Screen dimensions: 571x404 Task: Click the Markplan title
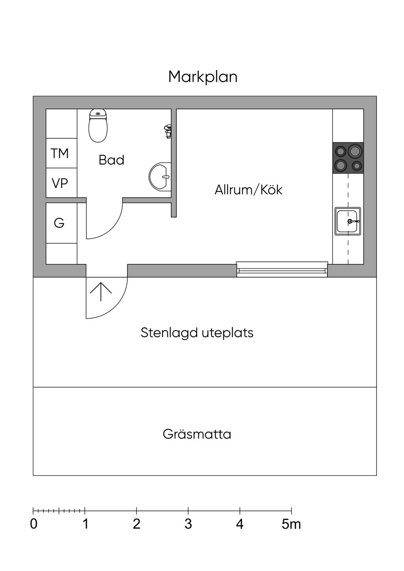(x=203, y=77)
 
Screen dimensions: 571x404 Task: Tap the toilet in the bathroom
(x=98, y=126)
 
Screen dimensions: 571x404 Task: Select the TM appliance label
(x=60, y=153)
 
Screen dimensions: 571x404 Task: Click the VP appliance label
(x=60, y=183)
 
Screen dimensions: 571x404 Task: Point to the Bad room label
(x=111, y=160)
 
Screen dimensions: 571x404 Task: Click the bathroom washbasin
(x=160, y=177)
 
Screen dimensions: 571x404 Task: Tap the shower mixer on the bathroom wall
(x=168, y=131)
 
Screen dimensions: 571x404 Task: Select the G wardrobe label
(x=59, y=223)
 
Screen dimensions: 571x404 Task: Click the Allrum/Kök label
(x=249, y=190)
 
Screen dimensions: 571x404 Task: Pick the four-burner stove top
(x=348, y=158)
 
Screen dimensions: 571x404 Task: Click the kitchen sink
(x=348, y=221)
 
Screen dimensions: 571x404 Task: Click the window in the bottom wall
(x=282, y=269)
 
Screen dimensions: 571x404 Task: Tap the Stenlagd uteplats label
(x=197, y=333)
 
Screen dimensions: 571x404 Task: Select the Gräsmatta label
(x=197, y=435)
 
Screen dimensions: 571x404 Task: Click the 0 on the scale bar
(x=34, y=524)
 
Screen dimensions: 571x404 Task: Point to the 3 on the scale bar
(x=188, y=524)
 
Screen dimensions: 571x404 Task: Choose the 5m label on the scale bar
(x=291, y=524)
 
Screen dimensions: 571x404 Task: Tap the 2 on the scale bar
(x=137, y=524)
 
